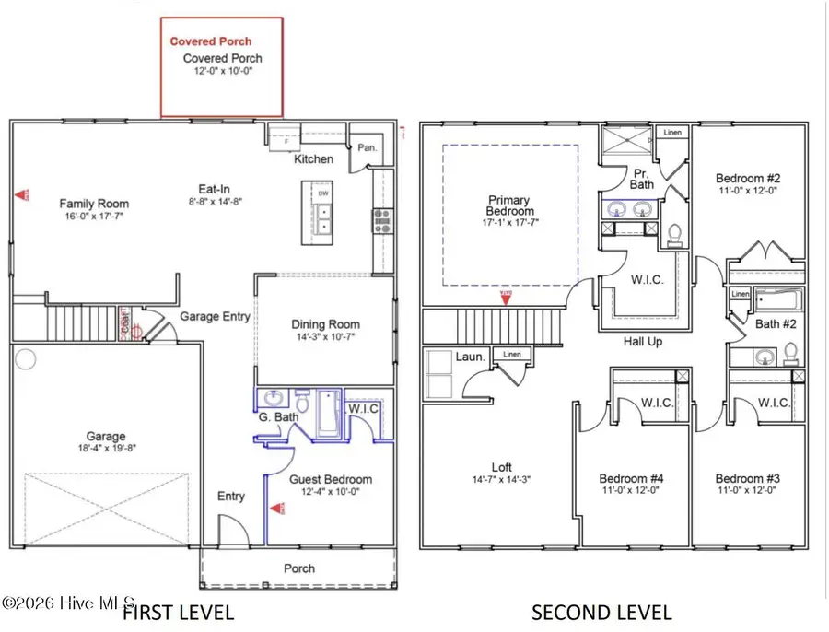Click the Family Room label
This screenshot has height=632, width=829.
tap(94, 204)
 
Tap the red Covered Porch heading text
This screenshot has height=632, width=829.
tap(210, 41)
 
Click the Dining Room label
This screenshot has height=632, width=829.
tap(325, 324)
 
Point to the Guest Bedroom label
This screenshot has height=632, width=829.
tap(331, 479)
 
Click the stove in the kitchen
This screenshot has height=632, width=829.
tap(381, 220)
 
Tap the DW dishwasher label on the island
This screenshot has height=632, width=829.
tap(323, 194)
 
